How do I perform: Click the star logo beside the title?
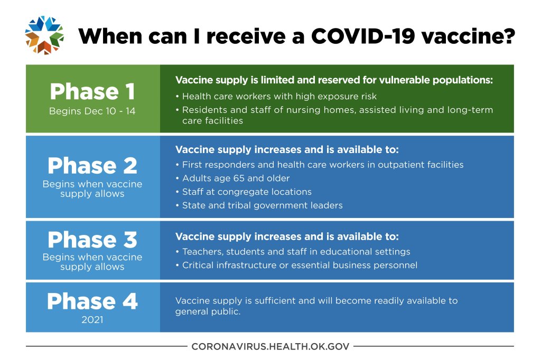pyautogui.click(x=44, y=35)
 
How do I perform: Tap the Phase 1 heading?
pyautogui.click(x=92, y=92)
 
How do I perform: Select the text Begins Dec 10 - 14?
pyautogui.click(x=92, y=111)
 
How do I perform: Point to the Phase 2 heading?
pyautogui.click(x=92, y=166)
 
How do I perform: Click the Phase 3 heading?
pyautogui.click(x=92, y=240)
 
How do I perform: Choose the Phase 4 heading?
pyautogui.click(x=92, y=301)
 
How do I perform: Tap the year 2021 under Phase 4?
pyautogui.click(x=92, y=320)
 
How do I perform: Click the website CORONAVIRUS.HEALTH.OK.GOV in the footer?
pyautogui.click(x=270, y=346)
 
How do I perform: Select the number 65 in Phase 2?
pyautogui.click(x=239, y=178)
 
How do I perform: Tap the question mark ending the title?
pyautogui.click(x=509, y=36)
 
